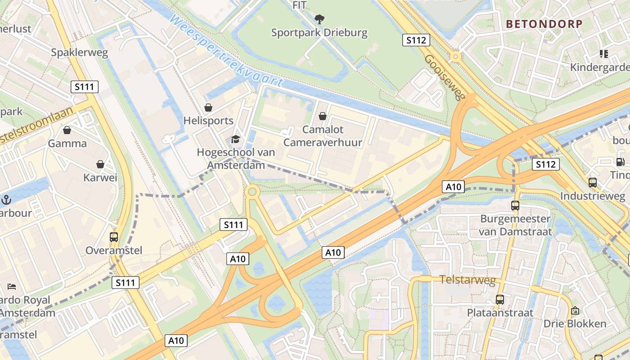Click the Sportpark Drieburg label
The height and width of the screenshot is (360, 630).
pyautogui.click(x=319, y=33)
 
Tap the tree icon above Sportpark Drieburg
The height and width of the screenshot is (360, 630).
pyautogui.click(x=319, y=19)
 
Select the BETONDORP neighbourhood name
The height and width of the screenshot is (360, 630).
pyautogui.click(x=544, y=24)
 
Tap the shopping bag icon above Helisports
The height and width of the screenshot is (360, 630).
pyautogui.click(x=208, y=108)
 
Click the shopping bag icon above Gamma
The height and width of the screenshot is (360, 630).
pyautogui.click(x=67, y=130)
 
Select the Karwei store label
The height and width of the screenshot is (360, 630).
pyautogui.click(x=100, y=178)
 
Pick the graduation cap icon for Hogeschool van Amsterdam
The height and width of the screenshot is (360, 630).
pyautogui.click(x=236, y=139)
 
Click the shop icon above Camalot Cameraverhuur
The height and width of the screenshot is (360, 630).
pyautogui.click(x=323, y=116)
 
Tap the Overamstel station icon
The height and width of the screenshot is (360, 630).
pyautogui.click(x=114, y=237)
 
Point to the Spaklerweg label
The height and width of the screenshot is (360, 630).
pyautogui.click(x=80, y=53)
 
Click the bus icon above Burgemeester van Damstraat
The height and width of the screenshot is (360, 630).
pyautogui.click(x=515, y=206)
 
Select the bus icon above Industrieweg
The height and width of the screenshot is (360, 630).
pyautogui.click(x=593, y=182)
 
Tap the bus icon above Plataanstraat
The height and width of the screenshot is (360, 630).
pyautogui.click(x=499, y=299)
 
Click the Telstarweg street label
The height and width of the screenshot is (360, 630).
pyautogui.click(x=467, y=280)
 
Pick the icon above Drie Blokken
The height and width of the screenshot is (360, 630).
pyautogui.click(x=575, y=310)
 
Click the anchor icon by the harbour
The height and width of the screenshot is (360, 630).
pyautogui.click(x=7, y=199)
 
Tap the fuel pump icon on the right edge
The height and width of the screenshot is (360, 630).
pyautogui.click(x=621, y=162)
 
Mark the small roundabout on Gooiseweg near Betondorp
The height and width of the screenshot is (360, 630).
pyautogui.click(x=456, y=57)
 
